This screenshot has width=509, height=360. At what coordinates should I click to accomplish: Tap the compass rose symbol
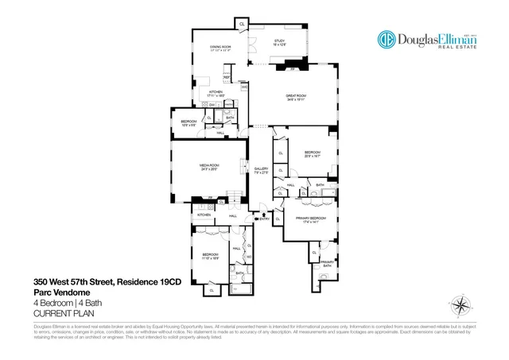tap(460, 305)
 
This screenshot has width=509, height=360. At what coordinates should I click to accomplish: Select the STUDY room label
tap(279, 42)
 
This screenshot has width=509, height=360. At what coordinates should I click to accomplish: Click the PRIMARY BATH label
tap(326, 263)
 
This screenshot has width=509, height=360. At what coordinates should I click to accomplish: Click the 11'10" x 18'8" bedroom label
tap(209, 257)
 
